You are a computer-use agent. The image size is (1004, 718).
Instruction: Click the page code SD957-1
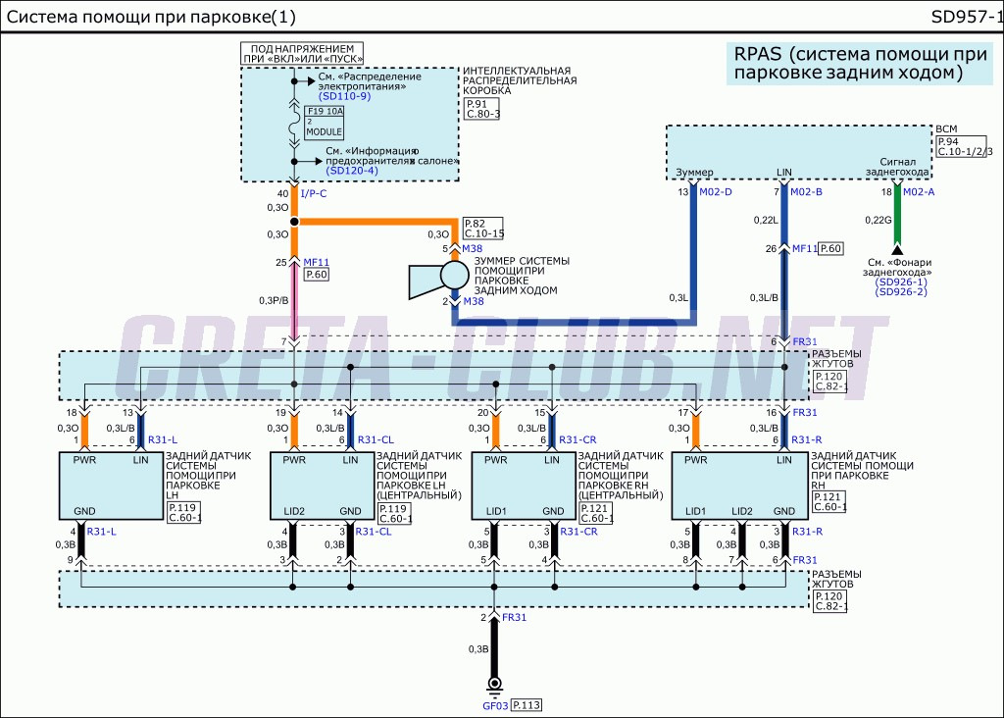966,17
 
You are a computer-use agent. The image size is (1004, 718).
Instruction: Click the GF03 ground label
495,705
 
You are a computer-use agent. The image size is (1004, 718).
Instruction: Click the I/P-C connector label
315,193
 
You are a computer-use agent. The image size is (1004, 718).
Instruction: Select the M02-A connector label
919,191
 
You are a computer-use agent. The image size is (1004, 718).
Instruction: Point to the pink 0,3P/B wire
293,299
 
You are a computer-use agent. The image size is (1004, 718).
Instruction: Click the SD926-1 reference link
901,282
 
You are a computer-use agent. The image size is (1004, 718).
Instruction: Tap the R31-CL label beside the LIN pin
374,440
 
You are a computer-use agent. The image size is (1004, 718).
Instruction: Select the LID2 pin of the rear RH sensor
741,511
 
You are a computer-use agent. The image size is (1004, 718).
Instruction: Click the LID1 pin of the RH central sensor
496,511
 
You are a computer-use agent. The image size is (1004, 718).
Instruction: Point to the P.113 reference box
527,705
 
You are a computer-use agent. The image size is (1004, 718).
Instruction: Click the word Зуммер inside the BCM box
694,173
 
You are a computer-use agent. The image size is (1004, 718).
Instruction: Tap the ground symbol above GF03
495,685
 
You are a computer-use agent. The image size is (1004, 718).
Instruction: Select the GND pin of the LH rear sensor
84,511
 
